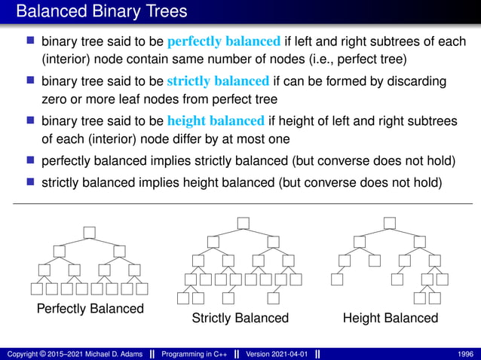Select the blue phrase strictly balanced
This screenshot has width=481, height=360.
pos(218,81)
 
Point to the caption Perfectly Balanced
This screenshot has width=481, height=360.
pos(90,309)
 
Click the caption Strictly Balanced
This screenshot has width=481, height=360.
pos(240,318)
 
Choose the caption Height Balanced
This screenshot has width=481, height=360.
pos(390,318)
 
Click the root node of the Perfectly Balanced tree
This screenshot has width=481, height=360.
pos(90,231)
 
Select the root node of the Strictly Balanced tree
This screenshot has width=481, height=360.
pos(242,223)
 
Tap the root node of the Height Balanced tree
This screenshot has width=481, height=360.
pos(389,223)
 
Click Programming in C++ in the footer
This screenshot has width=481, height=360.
pos(195,353)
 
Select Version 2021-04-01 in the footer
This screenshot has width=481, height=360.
pos(277,353)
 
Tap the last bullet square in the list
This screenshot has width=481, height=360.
pos(31,182)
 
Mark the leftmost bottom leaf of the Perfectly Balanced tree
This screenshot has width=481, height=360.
pos(37,288)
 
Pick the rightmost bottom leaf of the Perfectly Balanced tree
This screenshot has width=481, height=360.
pos(142,288)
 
